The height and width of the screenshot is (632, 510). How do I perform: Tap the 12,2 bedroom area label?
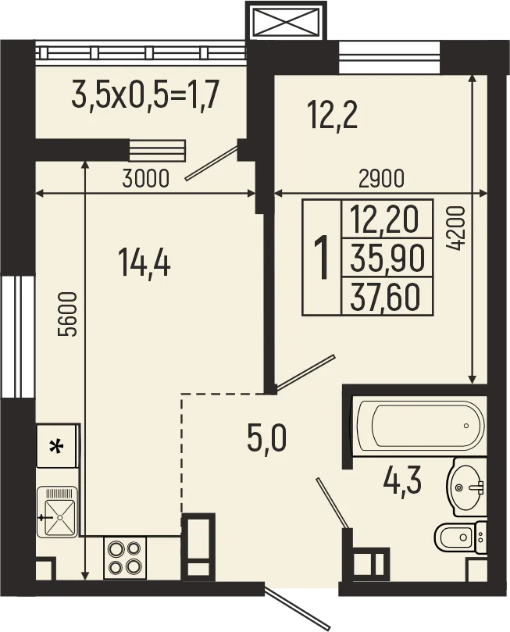pyautogui.click(x=332, y=116)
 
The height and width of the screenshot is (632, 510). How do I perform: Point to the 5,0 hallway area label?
pyautogui.click(x=266, y=439)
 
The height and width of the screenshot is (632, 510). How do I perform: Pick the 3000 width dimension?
pyautogui.click(x=146, y=179)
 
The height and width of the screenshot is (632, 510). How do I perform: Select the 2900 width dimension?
pyautogui.click(x=382, y=179)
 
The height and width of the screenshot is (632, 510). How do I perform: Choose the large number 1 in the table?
pyautogui.click(x=320, y=258)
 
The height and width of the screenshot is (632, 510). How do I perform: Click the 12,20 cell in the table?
pyautogui.click(x=387, y=218)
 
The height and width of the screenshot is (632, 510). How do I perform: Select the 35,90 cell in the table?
pyautogui.click(x=387, y=257)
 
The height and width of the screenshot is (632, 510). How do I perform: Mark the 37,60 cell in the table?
pyautogui.click(x=387, y=296)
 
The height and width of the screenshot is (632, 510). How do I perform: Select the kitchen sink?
pyautogui.click(x=57, y=511)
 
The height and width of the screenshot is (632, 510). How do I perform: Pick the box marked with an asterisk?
pyautogui.click(x=56, y=447)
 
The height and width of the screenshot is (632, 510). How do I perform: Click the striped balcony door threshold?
pyautogui.click(x=157, y=149)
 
